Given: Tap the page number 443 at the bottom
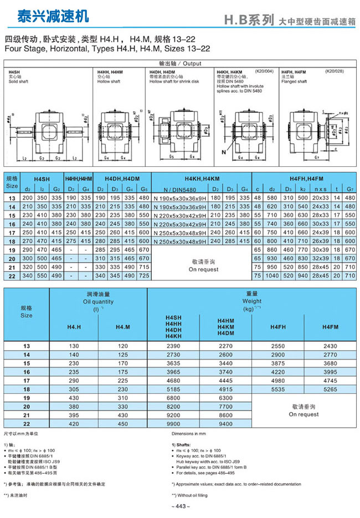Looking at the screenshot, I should pyautogui.click(x=180, y=506).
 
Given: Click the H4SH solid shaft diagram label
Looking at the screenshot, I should pyautogui.click(x=14, y=73).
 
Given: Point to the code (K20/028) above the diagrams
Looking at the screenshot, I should pyautogui.click(x=334, y=71).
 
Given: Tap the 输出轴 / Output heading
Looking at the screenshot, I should pyautogui.click(x=180, y=64).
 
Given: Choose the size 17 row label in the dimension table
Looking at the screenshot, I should pyautogui.click(x=11, y=234).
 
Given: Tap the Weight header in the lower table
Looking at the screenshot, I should pyautogui.click(x=252, y=302).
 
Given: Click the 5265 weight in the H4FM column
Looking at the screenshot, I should pyautogui.click(x=330, y=389).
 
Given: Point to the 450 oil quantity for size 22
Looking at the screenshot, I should pyautogui.click(x=122, y=424).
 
